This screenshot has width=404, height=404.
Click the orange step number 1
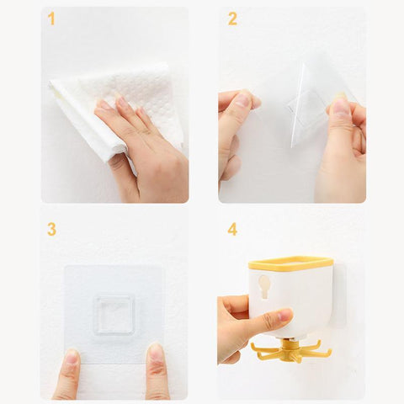[x=51, y=19]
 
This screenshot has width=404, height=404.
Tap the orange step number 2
[x=232, y=19]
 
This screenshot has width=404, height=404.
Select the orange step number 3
[x=51, y=230]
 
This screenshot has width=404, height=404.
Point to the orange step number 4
[x=232, y=230]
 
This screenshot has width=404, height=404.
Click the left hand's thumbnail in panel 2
[x=242, y=100]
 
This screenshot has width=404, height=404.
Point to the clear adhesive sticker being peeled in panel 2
[x=311, y=108]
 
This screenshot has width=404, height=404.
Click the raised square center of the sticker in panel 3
[x=114, y=315]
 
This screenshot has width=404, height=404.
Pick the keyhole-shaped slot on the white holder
[x=263, y=286]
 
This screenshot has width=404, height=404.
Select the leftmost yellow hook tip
[x=252, y=346]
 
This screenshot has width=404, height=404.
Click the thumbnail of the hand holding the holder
[x=284, y=315]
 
